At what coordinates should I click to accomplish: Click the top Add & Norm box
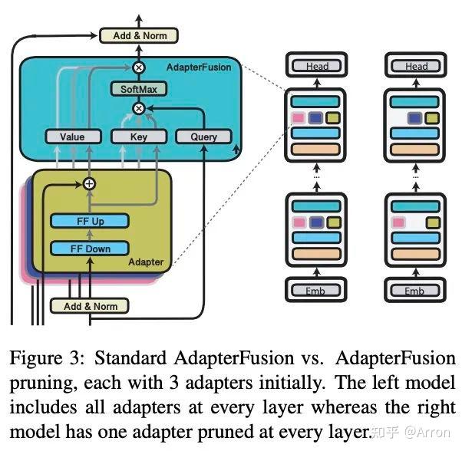click(x=139, y=35)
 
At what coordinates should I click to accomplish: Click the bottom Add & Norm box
click(x=91, y=305)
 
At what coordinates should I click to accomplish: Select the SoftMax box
click(x=138, y=89)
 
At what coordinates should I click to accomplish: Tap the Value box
click(x=73, y=137)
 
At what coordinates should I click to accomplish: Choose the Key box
click(x=138, y=137)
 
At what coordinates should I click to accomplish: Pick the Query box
click(x=203, y=137)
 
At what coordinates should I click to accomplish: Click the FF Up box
click(x=90, y=221)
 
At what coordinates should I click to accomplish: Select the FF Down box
click(x=90, y=248)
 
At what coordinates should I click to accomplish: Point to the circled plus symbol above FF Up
click(x=89, y=183)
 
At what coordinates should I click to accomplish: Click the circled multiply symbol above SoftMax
click(x=139, y=67)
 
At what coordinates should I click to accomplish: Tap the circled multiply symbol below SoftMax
click(x=139, y=108)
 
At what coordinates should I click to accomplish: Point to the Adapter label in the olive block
click(x=146, y=262)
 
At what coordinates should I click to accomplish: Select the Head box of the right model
click(x=415, y=66)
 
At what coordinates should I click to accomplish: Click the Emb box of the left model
click(x=315, y=291)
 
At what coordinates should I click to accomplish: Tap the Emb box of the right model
click(x=415, y=291)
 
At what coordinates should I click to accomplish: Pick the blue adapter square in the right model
click(x=415, y=118)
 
